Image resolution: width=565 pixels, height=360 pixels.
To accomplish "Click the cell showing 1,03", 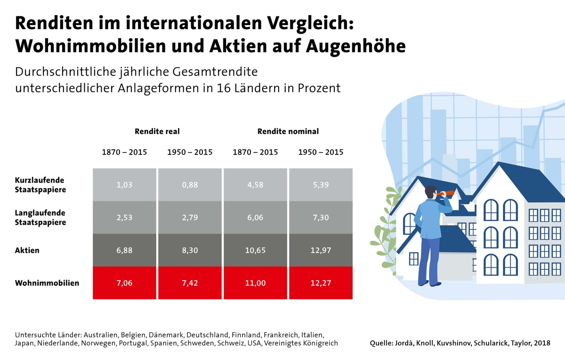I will [x=124, y=185].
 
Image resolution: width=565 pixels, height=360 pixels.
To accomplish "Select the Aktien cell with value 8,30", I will [x=190, y=250].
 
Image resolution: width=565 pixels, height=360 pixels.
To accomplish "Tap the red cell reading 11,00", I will [x=255, y=283].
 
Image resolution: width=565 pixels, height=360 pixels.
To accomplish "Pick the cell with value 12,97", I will [x=321, y=250].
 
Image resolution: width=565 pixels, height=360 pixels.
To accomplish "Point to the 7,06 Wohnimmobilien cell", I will [x=124, y=283].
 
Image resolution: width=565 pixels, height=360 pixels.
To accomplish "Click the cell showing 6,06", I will [x=255, y=217].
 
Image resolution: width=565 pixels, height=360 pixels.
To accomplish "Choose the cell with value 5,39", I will [x=321, y=185].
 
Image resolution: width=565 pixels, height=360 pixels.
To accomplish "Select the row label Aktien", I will [x=27, y=250].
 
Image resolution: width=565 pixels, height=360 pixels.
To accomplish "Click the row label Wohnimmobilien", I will [x=47, y=283].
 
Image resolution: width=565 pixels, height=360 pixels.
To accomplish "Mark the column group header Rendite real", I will [x=157, y=131].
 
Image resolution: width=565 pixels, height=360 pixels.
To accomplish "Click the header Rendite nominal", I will [x=288, y=131].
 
